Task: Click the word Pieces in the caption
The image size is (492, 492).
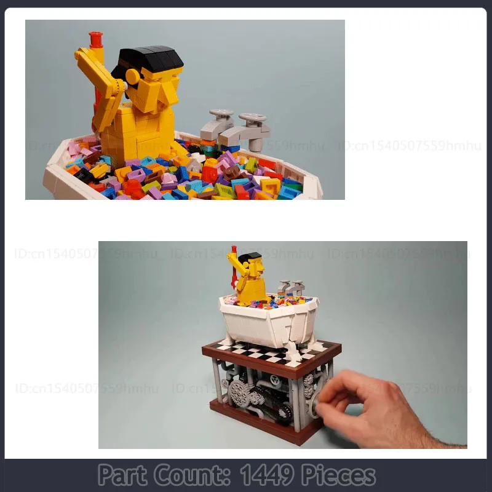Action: [338, 475]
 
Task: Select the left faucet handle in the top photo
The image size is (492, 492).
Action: [221, 114]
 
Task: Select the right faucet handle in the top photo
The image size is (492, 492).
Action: [253, 117]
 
